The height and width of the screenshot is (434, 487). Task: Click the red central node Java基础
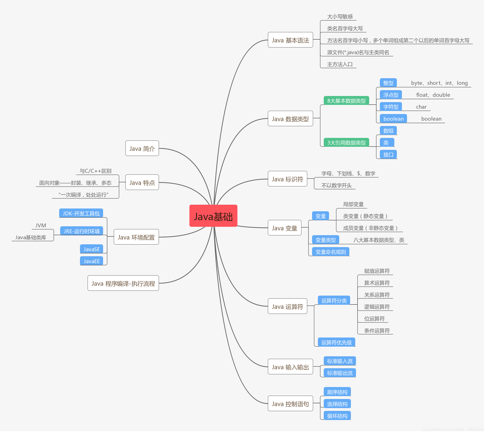click(213, 216)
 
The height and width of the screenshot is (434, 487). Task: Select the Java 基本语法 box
click(290, 40)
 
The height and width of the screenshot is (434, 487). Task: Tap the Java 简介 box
click(142, 148)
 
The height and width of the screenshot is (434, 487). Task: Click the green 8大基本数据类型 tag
click(346, 101)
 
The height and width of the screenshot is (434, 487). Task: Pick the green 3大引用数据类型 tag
click(346, 142)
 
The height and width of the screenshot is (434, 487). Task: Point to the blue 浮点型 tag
click(391, 95)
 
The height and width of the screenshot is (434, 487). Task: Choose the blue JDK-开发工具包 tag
click(81, 213)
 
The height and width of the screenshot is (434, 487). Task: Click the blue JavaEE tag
click(91, 261)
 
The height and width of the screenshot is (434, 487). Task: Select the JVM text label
click(41, 225)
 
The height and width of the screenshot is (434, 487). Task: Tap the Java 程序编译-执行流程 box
click(123, 283)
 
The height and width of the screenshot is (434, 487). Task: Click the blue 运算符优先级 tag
click(336, 342)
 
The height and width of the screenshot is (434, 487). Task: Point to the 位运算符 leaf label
click(374, 318)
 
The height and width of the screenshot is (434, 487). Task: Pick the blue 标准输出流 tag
click(340, 373)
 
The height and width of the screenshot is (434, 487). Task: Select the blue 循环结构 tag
click(337, 416)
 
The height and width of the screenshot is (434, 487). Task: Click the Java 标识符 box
click(287, 179)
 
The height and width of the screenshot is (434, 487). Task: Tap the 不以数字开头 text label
click(336, 185)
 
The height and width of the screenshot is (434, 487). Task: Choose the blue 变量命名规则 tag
click(331, 252)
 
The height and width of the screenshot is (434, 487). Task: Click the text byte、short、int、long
click(439, 83)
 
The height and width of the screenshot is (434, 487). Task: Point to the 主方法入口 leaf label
click(340, 64)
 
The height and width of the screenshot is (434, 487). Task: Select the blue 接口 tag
click(388, 154)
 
